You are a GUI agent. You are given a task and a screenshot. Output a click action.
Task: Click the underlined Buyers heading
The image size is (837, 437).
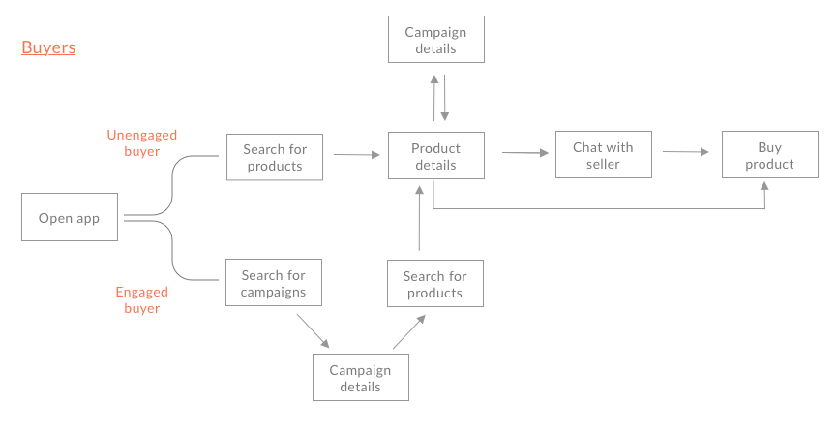pyautogui.click(x=48, y=47)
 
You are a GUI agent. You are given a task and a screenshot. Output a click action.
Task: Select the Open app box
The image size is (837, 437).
pyautogui.click(x=69, y=218)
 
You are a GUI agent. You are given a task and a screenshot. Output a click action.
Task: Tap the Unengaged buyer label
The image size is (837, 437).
pyautogui.click(x=141, y=143)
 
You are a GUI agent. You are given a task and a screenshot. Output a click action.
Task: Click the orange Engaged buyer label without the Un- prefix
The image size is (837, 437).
pyautogui.click(x=141, y=300)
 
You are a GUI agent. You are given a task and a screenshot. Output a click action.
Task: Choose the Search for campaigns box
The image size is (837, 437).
pyautogui.click(x=274, y=283)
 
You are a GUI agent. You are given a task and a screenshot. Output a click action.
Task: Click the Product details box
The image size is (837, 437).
pyautogui.click(x=435, y=156)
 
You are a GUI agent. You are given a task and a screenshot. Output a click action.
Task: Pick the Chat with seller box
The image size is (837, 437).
pyautogui.click(x=603, y=155)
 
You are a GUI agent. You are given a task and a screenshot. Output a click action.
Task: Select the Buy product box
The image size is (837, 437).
pyautogui.click(x=769, y=155)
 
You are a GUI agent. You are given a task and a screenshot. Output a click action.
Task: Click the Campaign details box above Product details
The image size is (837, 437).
pyautogui.click(x=435, y=40)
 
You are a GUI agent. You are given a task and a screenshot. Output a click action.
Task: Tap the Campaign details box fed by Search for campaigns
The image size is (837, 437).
pyautogui.click(x=360, y=378)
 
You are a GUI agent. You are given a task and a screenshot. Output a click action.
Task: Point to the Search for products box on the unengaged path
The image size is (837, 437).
pyautogui.click(x=274, y=157)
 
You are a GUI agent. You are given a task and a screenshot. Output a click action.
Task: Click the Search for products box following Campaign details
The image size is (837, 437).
pyautogui.click(x=434, y=284)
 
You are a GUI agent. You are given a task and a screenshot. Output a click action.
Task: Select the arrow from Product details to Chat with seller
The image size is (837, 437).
pyautogui.click(x=525, y=152)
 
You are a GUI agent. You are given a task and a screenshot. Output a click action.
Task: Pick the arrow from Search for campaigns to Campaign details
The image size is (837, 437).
pyautogui.click(x=313, y=330)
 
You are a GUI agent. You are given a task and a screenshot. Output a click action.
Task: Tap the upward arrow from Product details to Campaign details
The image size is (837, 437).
pyautogui.click(x=433, y=96)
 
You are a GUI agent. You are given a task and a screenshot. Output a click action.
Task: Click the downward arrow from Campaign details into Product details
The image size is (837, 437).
pyautogui.click(x=445, y=96)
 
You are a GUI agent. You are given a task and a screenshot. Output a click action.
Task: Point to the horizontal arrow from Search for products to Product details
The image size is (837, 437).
pyautogui.click(x=356, y=154)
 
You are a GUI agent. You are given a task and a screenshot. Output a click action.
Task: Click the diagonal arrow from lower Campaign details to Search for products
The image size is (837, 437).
pyautogui.click(x=408, y=331)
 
